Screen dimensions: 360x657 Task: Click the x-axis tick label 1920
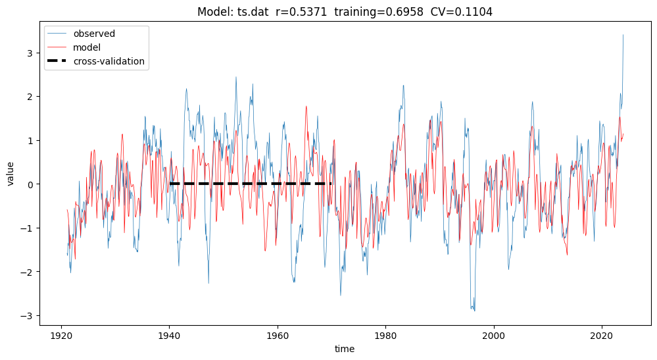coord(61,335)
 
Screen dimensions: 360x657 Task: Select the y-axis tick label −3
coord(28,316)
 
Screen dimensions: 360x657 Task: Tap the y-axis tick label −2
coord(28,272)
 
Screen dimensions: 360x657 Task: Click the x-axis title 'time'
coord(344,349)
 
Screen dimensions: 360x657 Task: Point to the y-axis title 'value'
coord(11,173)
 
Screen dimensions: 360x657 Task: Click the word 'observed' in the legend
coord(94,34)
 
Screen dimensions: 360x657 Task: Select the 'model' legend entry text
coord(86,47)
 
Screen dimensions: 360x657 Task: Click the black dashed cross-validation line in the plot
coord(250,184)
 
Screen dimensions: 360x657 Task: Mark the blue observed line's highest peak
coord(623,36)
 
